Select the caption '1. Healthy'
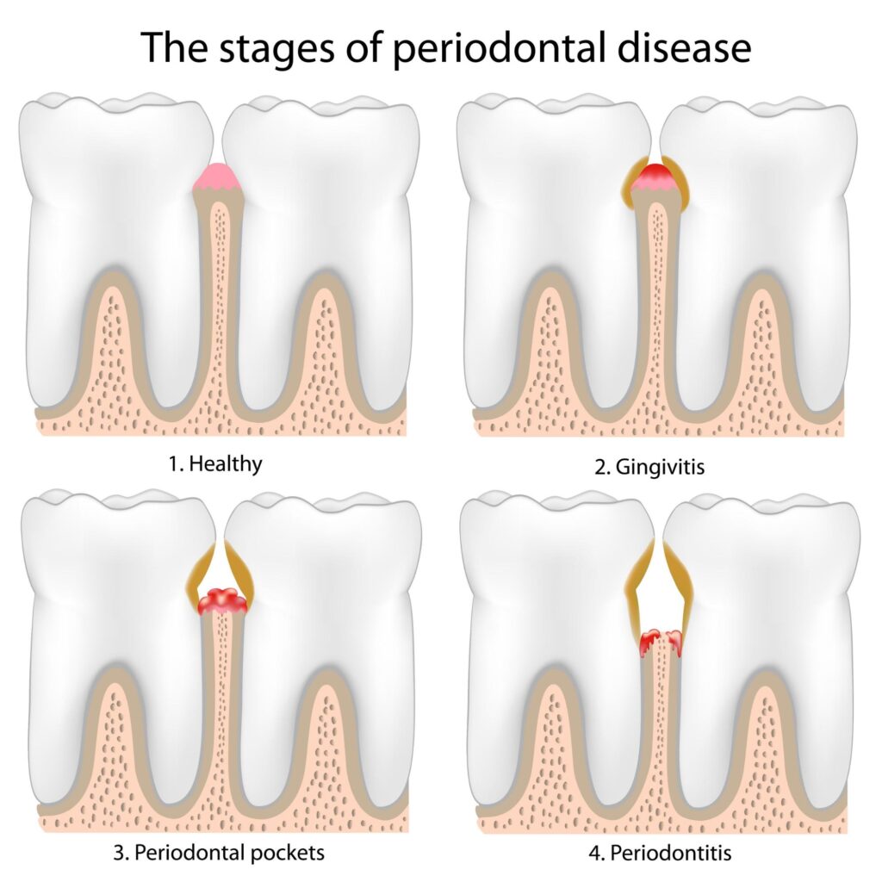pyautogui.click(x=215, y=464)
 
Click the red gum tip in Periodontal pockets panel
pyautogui.click(x=222, y=601)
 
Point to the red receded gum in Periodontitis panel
pyautogui.click(x=661, y=641)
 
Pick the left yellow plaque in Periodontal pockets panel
pyautogui.click(x=201, y=579)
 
